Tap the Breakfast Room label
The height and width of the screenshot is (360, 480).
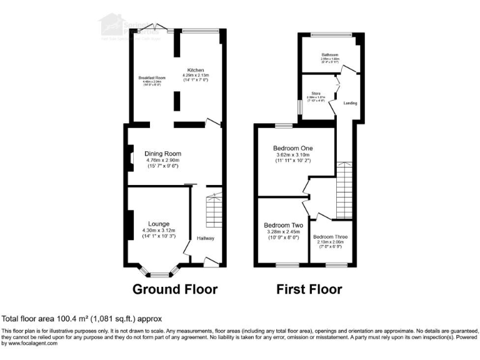152,77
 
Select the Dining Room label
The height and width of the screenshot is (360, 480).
162,154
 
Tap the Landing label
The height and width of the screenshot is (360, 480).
350,103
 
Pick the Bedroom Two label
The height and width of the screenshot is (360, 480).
283,225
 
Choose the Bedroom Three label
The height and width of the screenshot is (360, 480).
332,237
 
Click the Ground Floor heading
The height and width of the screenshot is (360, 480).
175,289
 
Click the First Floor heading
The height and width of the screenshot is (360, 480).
309,289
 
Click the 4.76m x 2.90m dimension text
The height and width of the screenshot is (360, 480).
162,161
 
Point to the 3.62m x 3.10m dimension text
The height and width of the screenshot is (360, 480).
292,155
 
